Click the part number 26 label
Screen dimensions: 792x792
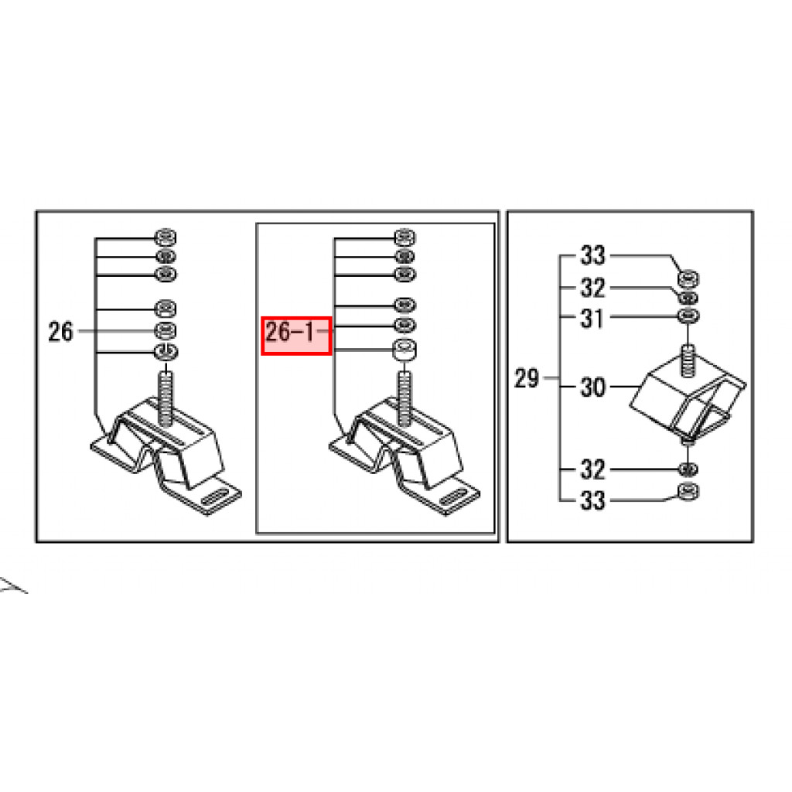pos(60,332)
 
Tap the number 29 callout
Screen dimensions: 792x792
pos(527,377)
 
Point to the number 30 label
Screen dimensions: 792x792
pos(592,387)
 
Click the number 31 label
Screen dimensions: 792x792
pos(592,318)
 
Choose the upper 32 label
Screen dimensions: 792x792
pos(592,288)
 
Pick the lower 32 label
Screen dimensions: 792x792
pos(592,469)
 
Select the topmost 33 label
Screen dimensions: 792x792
pos(592,255)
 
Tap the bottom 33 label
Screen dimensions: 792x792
pos(592,500)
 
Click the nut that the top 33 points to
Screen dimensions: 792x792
pos(688,278)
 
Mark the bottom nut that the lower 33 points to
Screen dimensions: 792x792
pos(688,491)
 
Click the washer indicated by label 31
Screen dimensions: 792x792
pos(688,316)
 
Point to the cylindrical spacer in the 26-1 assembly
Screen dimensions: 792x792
pos(404,350)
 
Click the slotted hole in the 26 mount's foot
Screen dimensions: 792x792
pos(214,497)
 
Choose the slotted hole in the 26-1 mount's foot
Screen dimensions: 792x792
pos(453,497)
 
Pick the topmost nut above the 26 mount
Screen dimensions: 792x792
pos(165,237)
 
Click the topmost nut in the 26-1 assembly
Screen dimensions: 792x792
pos(404,237)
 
